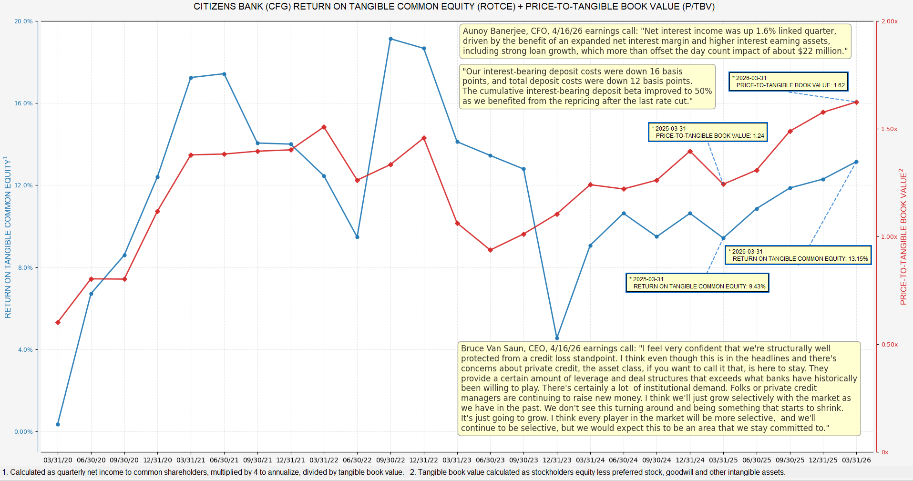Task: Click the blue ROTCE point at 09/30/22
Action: pyautogui.click(x=390, y=39)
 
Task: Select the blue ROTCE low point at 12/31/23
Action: pyautogui.click(x=557, y=338)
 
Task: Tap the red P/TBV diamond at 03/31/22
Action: pyautogui.click(x=324, y=127)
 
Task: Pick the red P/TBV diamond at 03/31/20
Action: pyautogui.click(x=58, y=323)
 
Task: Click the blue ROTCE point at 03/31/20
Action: pyautogui.click(x=58, y=424)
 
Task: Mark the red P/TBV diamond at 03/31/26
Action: pyautogui.click(x=856, y=102)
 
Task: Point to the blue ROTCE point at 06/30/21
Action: pyautogui.click(x=224, y=74)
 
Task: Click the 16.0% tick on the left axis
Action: pyautogui.click(x=23, y=103)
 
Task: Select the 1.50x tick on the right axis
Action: pyautogui.click(x=889, y=129)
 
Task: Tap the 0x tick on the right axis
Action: pyautogui.click(x=885, y=452)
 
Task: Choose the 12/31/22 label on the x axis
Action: pyautogui.click(x=424, y=460)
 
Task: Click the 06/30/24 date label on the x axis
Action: pyautogui.click(x=623, y=460)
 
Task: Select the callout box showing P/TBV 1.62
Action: pyautogui.click(x=789, y=82)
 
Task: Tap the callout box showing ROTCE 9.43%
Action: pyautogui.click(x=698, y=283)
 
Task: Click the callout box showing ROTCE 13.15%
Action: pyautogui.click(x=799, y=255)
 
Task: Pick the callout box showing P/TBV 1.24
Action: pyautogui.click(x=708, y=132)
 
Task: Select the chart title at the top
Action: pyautogui.click(x=454, y=7)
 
